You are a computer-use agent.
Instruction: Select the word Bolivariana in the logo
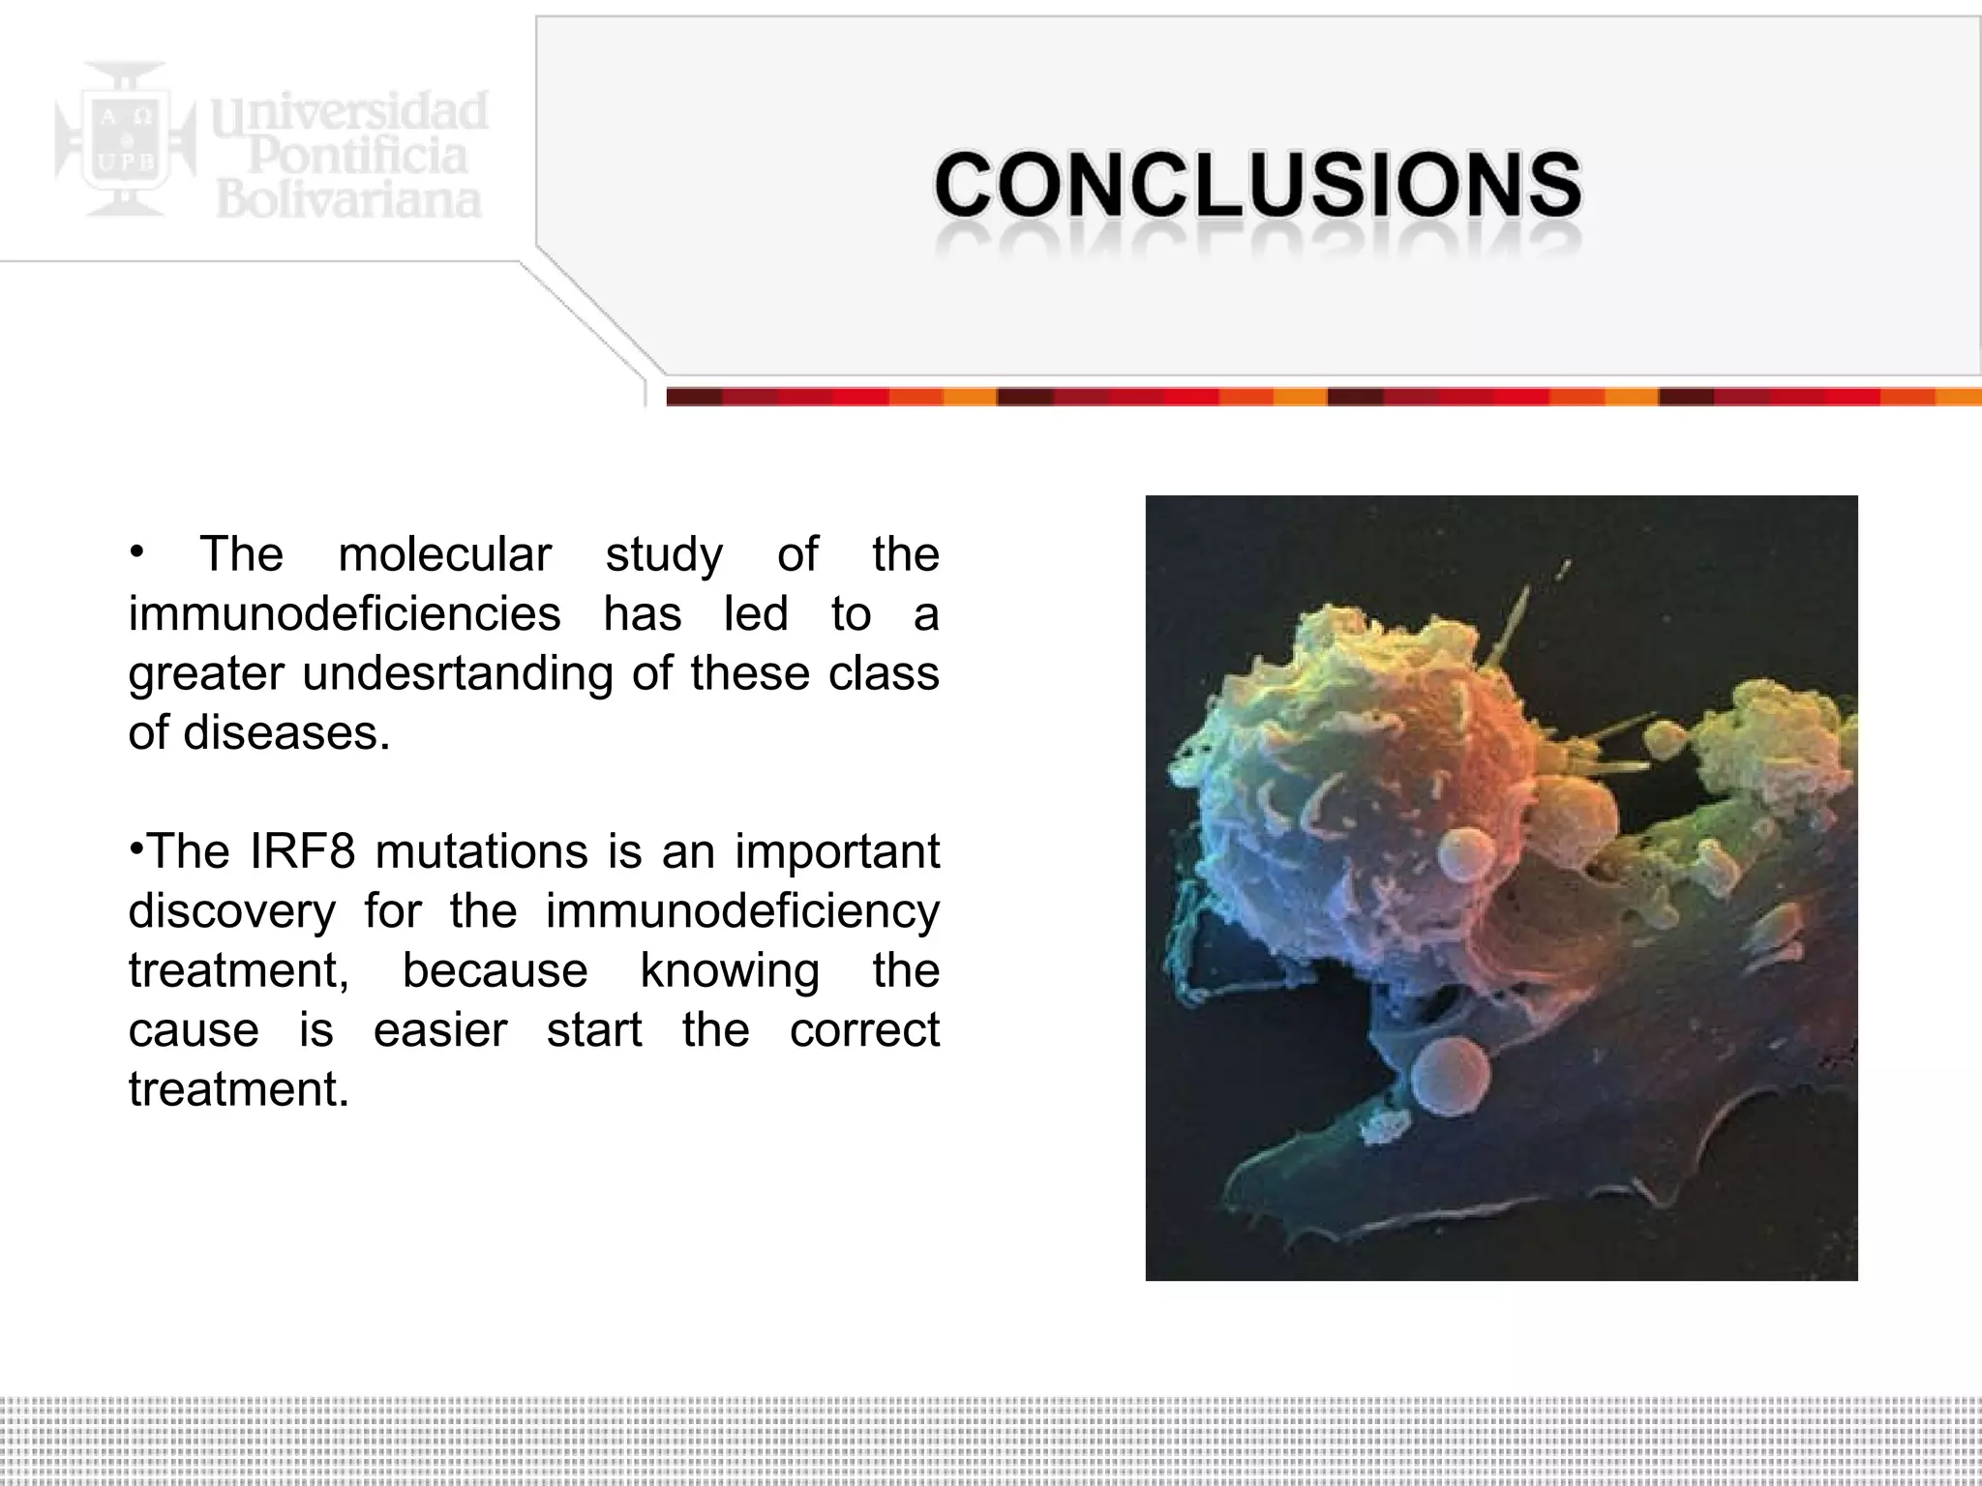click(x=348, y=199)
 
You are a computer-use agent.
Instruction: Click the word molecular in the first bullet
click(x=444, y=555)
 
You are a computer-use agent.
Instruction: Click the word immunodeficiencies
click(x=345, y=614)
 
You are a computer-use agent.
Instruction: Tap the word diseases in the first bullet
click(x=286, y=733)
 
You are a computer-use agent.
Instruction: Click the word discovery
click(x=232, y=911)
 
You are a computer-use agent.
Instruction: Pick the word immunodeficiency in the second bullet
click(x=742, y=911)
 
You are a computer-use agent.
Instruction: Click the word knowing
click(x=730, y=971)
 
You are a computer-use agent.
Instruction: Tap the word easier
click(x=440, y=1030)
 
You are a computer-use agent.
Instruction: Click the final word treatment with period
click(x=238, y=1090)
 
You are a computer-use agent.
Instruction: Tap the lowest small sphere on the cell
click(x=1449, y=1079)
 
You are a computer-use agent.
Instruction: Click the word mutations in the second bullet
click(x=481, y=852)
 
